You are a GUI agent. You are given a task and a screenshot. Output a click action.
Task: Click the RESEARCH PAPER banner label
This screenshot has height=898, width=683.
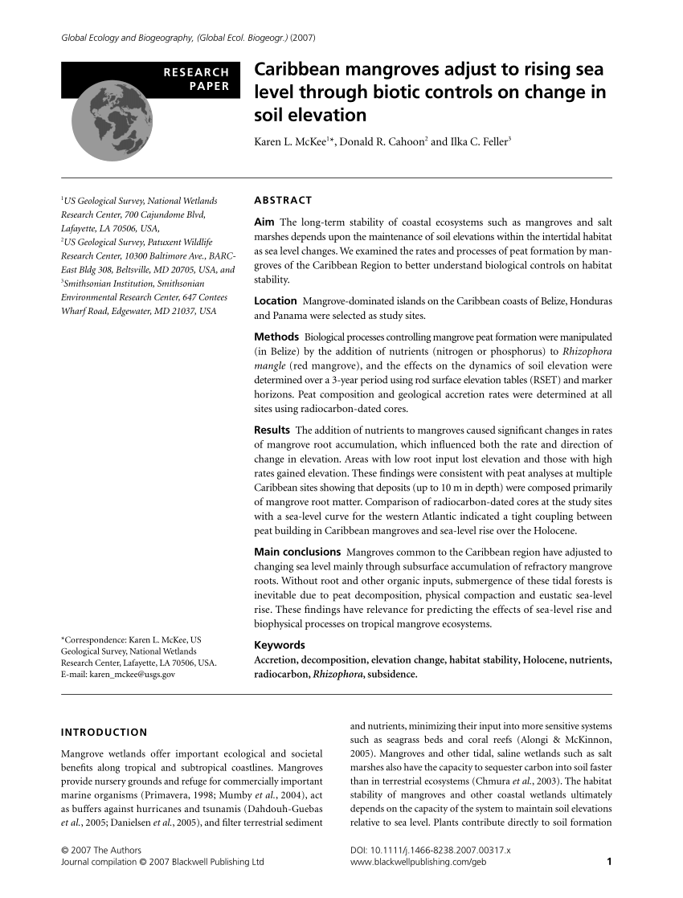click(196, 80)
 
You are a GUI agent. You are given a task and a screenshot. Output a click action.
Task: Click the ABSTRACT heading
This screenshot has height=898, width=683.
click(283, 200)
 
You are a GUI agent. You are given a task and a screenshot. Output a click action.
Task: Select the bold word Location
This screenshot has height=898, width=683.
click(275, 300)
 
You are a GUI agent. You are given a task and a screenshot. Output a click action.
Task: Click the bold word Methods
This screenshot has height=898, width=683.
click(276, 336)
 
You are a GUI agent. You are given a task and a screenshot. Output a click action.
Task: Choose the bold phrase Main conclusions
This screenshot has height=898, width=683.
click(297, 552)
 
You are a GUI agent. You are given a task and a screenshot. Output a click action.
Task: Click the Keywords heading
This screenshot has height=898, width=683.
click(279, 645)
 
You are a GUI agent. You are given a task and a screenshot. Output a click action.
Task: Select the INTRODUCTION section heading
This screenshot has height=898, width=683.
click(104, 732)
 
